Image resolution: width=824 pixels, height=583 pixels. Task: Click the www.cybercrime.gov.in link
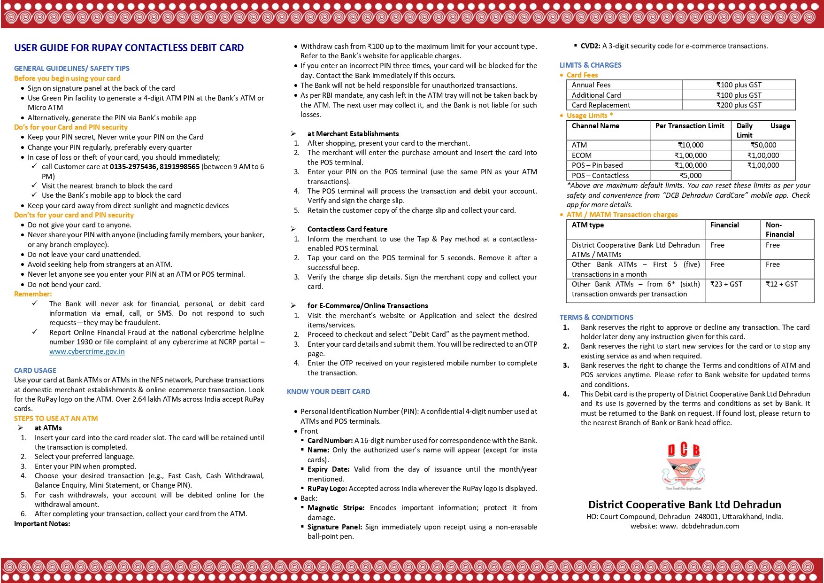point(87,351)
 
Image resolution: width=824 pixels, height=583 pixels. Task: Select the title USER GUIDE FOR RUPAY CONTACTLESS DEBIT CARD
point(129,48)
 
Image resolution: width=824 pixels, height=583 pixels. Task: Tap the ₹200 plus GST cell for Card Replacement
point(739,105)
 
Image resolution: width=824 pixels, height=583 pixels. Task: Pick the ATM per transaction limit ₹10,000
point(690,145)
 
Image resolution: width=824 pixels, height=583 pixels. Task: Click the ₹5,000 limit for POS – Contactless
point(690,176)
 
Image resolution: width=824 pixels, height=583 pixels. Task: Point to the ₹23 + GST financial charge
point(726,284)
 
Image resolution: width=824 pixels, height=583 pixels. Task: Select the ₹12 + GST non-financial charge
point(781,284)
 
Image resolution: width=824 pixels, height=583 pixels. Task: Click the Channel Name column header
point(595,126)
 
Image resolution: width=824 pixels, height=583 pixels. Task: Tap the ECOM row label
point(582,155)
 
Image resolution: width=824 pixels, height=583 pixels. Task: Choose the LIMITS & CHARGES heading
point(590,65)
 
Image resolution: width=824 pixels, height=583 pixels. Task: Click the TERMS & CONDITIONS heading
point(596,318)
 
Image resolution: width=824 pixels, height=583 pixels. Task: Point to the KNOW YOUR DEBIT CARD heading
point(328,392)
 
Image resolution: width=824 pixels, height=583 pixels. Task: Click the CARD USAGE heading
point(35,371)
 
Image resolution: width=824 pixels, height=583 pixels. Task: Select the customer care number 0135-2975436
point(133,167)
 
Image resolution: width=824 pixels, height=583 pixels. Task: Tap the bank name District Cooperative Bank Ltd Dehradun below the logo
point(684,505)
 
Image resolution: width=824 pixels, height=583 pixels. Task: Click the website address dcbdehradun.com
point(709,526)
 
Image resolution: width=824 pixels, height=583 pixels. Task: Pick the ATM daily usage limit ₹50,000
point(763,145)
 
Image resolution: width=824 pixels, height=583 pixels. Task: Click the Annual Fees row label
point(591,85)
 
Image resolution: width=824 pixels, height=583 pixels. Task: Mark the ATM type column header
point(588,225)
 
